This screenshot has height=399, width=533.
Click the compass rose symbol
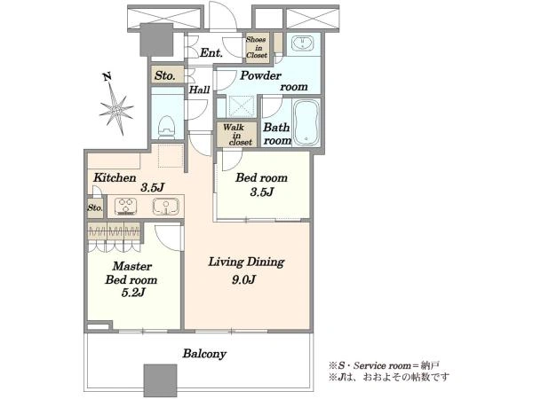(116, 110)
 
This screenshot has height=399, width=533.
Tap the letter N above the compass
(107, 77)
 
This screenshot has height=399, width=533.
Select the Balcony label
(204, 354)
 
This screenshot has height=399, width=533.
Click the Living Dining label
(246, 262)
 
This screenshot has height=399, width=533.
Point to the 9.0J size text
(243, 279)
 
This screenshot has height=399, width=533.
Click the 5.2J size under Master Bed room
(133, 292)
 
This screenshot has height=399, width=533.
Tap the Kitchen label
(115, 177)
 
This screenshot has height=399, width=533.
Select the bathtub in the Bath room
(306, 122)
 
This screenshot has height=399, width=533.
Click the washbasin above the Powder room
(303, 43)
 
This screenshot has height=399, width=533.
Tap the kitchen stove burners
(126, 207)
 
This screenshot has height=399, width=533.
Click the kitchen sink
(165, 207)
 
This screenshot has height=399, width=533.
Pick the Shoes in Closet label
(257, 47)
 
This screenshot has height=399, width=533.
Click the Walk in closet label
(237, 135)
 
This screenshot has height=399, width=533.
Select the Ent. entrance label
(211, 52)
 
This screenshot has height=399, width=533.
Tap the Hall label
(199, 90)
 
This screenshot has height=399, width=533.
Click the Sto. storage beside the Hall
(165, 75)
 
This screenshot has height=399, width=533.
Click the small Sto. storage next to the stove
(95, 207)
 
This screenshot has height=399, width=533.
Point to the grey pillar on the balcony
(160, 380)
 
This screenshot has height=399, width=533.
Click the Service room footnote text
(384, 365)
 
